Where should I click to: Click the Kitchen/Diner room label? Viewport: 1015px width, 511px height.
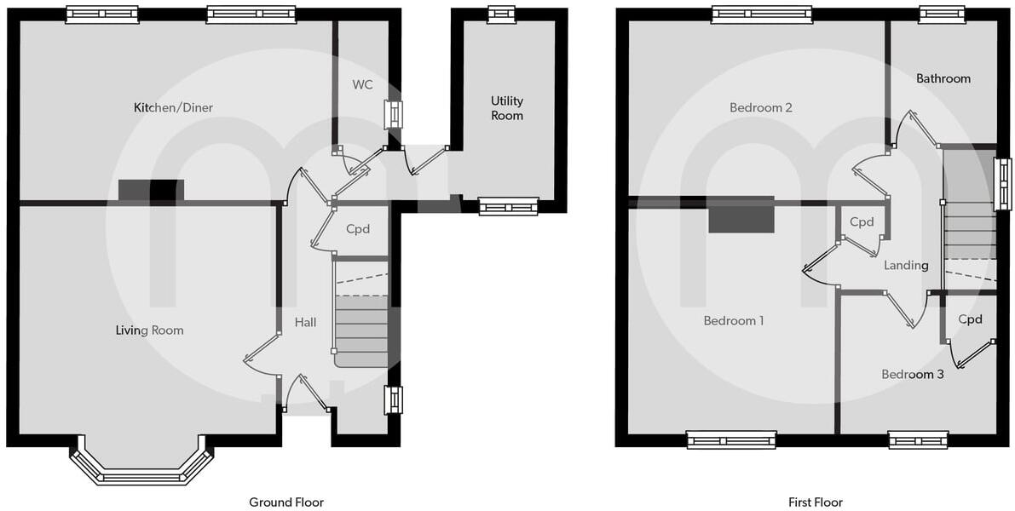point(173,108)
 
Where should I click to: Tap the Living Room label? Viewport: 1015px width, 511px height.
point(150,330)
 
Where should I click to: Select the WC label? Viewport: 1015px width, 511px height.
point(363,84)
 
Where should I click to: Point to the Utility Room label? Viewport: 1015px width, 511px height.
point(507,108)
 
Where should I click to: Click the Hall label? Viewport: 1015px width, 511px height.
point(305,322)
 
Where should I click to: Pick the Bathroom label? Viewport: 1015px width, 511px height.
point(943,78)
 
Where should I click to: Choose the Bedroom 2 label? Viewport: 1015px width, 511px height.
point(761,108)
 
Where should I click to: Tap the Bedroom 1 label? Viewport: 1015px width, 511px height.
point(733,321)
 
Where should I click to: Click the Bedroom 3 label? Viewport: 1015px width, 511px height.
point(912,374)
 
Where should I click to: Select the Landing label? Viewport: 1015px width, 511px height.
point(906,266)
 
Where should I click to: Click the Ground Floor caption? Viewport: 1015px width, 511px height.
point(286,502)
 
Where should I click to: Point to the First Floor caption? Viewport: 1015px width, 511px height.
point(816,502)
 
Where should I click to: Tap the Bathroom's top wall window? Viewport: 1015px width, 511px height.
point(942,13)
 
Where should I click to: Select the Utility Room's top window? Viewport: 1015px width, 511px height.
point(501,13)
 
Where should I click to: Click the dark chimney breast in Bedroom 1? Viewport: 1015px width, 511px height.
point(741,215)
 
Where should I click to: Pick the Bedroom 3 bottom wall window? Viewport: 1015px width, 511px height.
point(918,440)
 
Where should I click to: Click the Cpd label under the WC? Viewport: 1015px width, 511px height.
point(358,229)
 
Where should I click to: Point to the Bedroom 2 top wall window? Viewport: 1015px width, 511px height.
point(762,14)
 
